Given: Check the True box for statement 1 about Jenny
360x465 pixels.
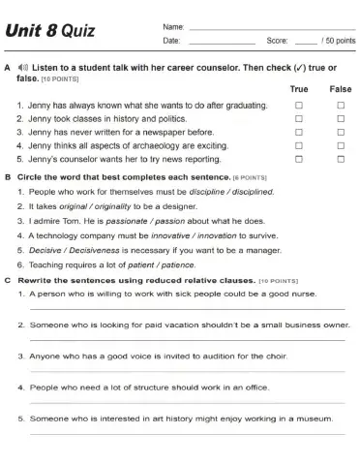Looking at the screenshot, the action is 299,103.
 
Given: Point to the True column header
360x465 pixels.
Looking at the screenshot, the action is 299,88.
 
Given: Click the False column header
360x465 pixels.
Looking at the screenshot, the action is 341,88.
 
